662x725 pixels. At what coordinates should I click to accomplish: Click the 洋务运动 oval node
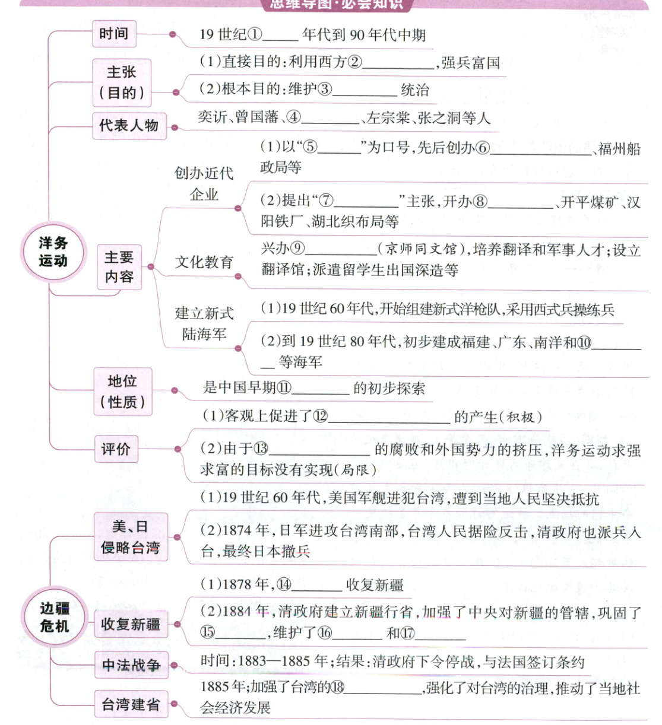point(53,252)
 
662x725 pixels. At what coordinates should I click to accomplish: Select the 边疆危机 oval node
point(55,617)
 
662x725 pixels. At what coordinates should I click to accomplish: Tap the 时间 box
point(113,34)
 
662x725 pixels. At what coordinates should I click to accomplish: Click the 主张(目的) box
point(122,82)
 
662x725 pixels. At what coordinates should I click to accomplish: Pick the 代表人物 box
point(128,126)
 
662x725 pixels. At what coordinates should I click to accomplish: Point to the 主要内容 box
point(119,267)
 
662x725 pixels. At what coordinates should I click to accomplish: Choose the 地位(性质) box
point(122,391)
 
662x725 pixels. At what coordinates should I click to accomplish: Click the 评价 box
point(115,449)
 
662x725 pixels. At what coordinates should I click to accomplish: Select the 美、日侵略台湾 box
point(130,537)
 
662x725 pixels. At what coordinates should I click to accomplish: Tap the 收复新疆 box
point(130,624)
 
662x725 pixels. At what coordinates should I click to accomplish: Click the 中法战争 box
point(131,665)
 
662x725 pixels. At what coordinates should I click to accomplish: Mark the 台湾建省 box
point(131,704)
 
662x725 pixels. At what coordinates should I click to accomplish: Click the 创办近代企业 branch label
point(204,184)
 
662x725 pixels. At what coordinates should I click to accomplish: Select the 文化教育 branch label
point(204,262)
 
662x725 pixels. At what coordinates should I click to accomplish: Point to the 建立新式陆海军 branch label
point(204,323)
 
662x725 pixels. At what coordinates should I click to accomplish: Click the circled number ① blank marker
point(254,35)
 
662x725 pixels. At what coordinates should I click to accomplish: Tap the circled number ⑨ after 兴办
point(297,250)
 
